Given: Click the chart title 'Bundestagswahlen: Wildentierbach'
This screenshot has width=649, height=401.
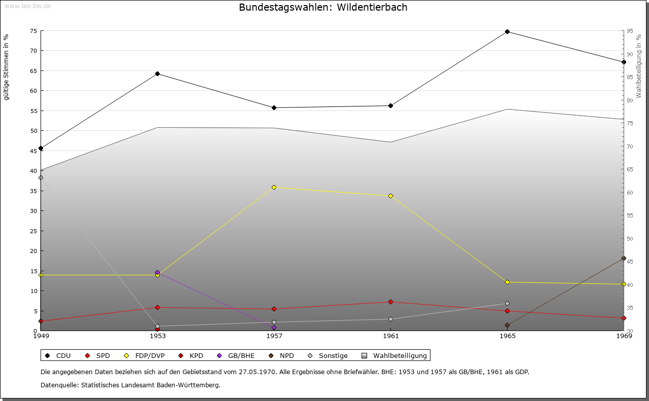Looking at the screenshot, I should click(x=323, y=8).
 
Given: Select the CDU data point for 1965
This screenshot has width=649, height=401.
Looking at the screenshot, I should click(x=507, y=32).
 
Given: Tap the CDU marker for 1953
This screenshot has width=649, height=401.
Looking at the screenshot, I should click(x=157, y=74).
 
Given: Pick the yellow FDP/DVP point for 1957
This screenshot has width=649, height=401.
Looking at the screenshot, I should click(x=274, y=188).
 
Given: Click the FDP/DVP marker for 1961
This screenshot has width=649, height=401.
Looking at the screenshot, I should click(x=390, y=196).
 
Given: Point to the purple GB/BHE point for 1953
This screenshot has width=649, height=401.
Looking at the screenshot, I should click(x=157, y=272).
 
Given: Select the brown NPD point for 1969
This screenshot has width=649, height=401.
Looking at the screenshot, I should click(x=624, y=259).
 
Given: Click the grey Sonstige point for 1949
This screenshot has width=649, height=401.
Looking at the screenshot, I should click(x=41, y=178).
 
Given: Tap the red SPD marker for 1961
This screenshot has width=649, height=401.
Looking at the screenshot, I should click(x=390, y=302).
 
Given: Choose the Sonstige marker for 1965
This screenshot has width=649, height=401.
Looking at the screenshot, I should click(x=507, y=304).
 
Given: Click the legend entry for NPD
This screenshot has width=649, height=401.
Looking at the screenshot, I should click(x=282, y=356).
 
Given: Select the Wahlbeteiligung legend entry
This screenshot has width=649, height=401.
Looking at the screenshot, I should click(x=395, y=356).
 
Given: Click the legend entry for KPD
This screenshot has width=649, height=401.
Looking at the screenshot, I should click(x=191, y=356).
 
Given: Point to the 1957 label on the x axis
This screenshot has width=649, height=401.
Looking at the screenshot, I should click(x=274, y=336).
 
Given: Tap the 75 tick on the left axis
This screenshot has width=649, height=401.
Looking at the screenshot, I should click(x=33, y=31).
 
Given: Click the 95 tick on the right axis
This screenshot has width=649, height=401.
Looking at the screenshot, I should click(x=629, y=31).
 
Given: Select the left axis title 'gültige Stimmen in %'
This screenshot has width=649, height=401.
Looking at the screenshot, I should click(x=7, y=67).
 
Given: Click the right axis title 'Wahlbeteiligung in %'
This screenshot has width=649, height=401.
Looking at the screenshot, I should click(x=639, y=66).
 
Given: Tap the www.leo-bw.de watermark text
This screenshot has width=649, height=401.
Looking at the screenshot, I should click(x=27, y=5).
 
